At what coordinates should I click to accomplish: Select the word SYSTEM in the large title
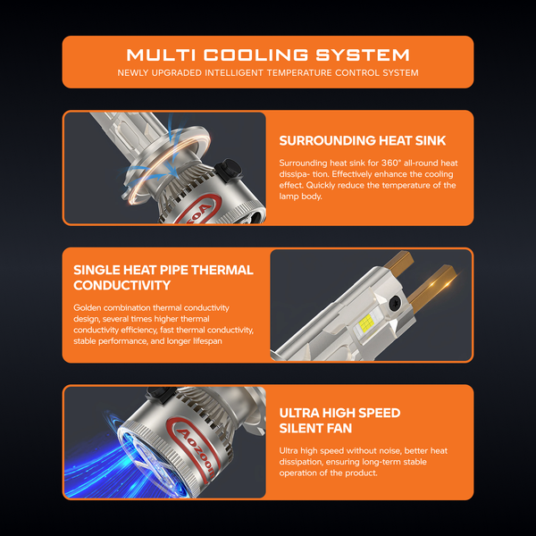[x=363, y=55]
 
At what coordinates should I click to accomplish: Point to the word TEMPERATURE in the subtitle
[x=299, y=73]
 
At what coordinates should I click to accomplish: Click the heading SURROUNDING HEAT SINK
[x=363, y=140]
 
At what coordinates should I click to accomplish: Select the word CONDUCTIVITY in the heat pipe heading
[x=122, y=285]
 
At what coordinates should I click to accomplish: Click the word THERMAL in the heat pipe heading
[x=222, y=270]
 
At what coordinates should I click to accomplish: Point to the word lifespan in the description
[x=207, y=341]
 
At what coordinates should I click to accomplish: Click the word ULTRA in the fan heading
[x=299, y=413]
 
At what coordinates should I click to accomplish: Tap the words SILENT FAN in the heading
[x=315, y=428]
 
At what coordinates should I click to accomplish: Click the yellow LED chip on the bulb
[x=365, y=322]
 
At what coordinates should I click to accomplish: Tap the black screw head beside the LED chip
[x=395, y=302]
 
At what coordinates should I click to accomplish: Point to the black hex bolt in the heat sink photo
[x=229, y=170]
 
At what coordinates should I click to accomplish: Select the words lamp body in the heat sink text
[x=300, y=197]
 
